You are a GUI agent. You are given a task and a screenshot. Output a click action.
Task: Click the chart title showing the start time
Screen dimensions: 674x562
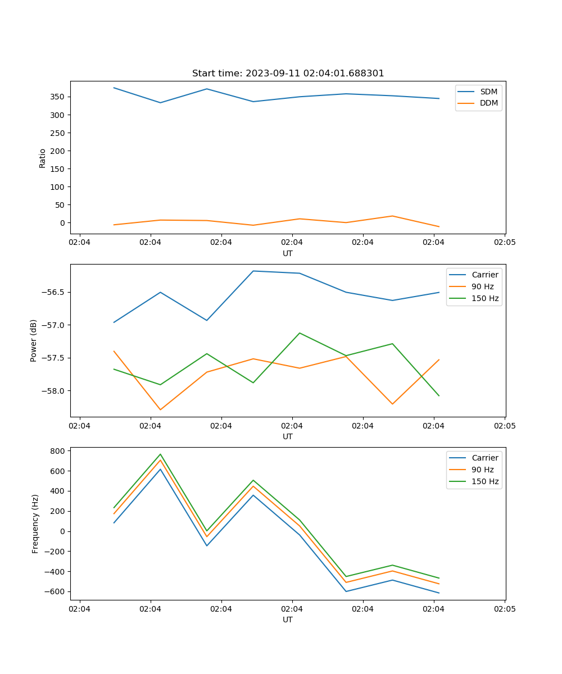coord(288,74)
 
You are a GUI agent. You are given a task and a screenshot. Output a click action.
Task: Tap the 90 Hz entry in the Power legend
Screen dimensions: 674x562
coord(482,286)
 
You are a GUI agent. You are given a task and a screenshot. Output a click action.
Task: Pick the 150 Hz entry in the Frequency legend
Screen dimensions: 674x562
coord(485,481)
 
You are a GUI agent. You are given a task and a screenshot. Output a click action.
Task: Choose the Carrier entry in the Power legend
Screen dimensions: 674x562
coord(484,275)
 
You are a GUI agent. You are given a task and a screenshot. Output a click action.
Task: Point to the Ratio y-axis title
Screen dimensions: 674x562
coord(42,158)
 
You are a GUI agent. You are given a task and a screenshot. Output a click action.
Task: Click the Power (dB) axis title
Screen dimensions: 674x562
coord(34,340)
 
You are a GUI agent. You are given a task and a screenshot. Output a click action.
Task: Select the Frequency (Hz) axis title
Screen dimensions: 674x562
coord(35,523)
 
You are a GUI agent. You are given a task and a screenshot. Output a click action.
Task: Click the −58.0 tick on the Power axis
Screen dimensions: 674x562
coord(54,391)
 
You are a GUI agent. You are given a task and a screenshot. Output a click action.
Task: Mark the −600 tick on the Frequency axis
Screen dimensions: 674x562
coord(57,591)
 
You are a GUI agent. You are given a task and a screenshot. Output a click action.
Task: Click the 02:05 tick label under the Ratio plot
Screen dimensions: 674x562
coord(504,243)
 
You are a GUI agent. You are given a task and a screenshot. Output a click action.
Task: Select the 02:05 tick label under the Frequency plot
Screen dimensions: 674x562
coord(504,609)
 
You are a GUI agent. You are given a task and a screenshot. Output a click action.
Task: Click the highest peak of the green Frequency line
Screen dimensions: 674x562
coord(160,454)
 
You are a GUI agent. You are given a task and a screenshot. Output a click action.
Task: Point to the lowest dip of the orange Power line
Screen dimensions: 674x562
coord(160,409)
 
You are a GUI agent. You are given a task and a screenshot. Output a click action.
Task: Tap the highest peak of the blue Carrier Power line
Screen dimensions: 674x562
coord(253,271)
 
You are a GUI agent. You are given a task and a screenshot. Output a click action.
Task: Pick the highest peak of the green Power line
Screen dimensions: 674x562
coord(300,333)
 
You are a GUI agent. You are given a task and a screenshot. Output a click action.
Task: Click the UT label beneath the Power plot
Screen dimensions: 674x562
coord(288,436)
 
